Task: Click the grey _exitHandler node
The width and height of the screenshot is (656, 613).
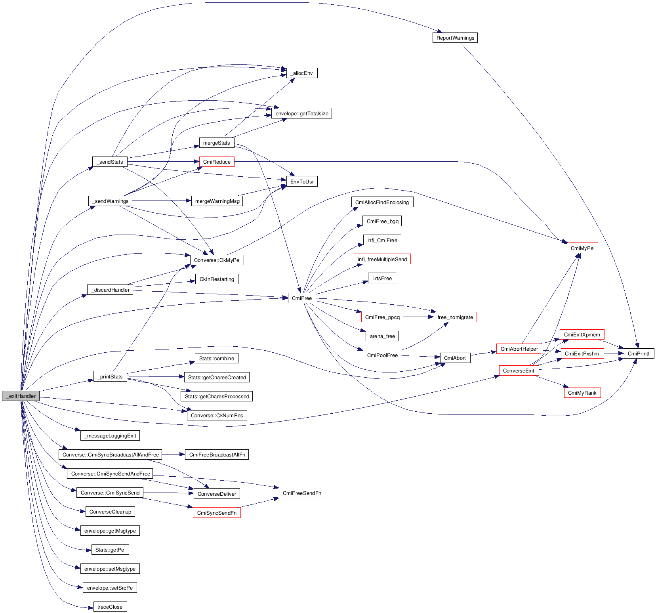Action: point(21,396)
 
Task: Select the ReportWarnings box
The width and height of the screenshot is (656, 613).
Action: point(455,38)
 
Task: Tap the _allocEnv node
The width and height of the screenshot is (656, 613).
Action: point(302,73)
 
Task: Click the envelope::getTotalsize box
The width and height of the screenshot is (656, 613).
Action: point(301,113)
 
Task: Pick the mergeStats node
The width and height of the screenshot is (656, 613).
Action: point(216,143)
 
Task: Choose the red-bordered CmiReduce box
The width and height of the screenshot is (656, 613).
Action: point(216,162)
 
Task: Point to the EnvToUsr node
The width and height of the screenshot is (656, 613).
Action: point(302,181)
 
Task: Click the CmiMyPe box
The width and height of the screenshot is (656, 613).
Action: point(582,248)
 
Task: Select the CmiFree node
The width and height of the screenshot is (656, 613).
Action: point(302,298)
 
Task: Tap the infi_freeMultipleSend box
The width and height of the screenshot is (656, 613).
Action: point(382,259)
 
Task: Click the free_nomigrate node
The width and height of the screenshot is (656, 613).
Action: point(455,317)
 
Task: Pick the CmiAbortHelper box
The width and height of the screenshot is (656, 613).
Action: point(519,349)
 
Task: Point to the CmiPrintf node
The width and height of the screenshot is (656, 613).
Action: point(639,353)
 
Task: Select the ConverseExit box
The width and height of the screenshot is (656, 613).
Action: point(519,370)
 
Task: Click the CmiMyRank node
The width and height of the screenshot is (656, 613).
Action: point(582,393)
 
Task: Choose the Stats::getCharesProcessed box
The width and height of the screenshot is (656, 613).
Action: point(217,396)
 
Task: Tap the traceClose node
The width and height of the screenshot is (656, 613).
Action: point(110,607)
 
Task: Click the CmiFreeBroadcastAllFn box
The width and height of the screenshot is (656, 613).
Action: point(217,454)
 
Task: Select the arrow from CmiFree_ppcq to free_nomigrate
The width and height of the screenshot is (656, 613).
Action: point(418,317)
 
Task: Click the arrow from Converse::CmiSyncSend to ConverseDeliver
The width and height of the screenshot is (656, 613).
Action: point(168,493)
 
